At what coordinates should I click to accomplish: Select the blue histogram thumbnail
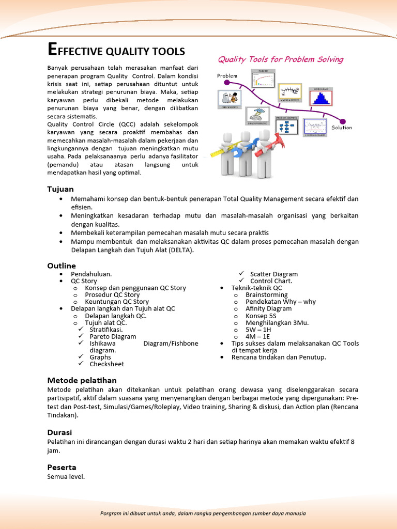[x=320, y=97]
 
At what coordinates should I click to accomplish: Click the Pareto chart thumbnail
[x=263, y=79]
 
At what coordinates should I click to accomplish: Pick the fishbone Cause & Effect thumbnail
[x=289, y=92]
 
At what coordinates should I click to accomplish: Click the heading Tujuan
[x=60, y=189]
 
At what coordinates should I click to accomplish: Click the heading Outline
[x=62, y=266]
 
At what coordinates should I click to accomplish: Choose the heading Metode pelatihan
[x=82, y=380]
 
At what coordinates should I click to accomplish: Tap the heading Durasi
[x=59, y=432]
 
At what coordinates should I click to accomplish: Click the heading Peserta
[x=62, y=467]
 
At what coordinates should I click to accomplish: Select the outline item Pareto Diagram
[x=113, y=336]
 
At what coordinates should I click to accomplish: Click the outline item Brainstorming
[x=266, y=294]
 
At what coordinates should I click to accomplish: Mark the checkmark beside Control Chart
[x=241, y=281]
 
